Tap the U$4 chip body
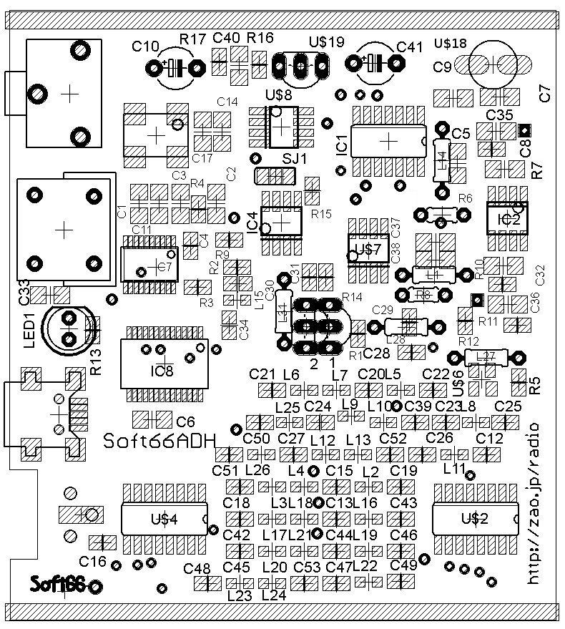164,519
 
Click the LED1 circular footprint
69,328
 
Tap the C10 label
146,47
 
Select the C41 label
410,47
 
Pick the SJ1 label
291,158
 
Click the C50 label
256,438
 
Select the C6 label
185,422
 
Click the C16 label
92,560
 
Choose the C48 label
197,569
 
